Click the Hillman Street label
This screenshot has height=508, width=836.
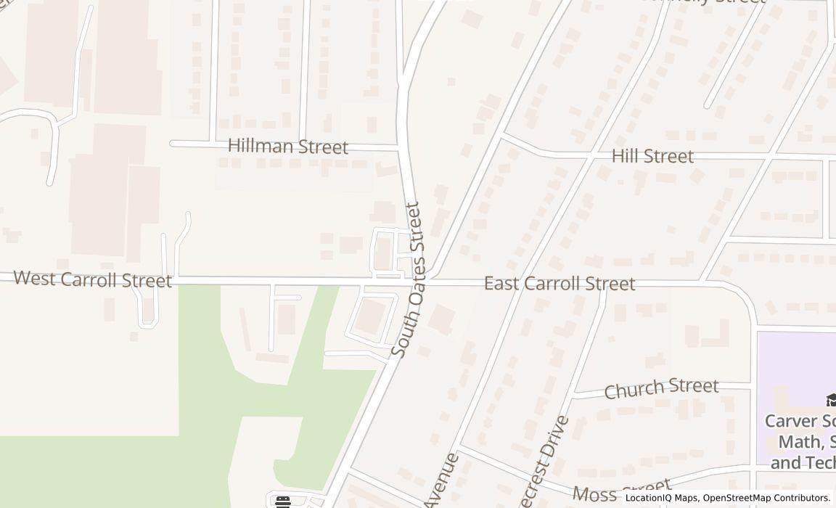288,147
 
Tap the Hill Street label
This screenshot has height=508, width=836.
652,156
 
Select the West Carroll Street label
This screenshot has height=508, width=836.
92,279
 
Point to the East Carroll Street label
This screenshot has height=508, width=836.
560,284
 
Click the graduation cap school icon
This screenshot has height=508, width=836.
832,400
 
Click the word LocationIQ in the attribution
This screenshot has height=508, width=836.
648,498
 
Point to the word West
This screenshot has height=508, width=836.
33,278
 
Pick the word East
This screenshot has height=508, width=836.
501,283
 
